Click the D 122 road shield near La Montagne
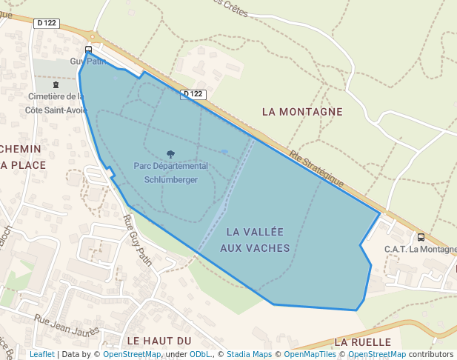click(x=193, y=94)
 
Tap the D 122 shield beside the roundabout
click(x=46, y=23)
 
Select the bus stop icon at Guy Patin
click(x=89, y=50)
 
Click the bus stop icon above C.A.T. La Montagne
click(x=421, y=238)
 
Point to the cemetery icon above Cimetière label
click(x=56, y=85)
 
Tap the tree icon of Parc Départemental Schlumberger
click(x=171, y=154)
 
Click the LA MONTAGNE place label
click(x=302, y=111)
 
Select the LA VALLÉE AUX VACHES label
click(x=255, y=240)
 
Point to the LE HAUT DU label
click(x=159, y=341)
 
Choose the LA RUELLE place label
click(x=362, y=342)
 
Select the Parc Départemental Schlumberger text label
click(x=171, y=172)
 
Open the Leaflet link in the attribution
click(x=41, y=355)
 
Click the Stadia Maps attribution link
click(x=249, y=355)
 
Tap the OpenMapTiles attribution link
click(x=310, y=355)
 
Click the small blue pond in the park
click(x=224, y=152)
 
